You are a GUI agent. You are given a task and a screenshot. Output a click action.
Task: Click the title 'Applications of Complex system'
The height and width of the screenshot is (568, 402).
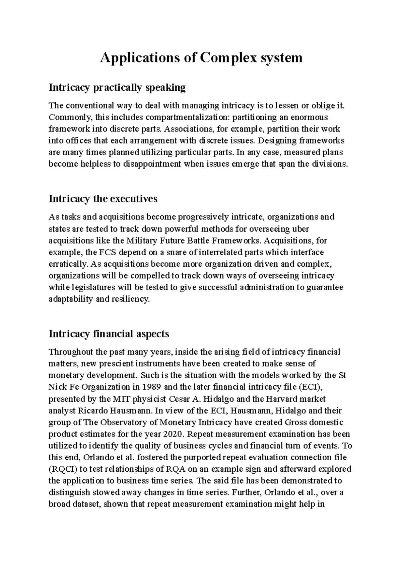point(201,58)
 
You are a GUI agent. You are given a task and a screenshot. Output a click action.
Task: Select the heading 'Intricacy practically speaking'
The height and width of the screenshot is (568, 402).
point(117,88)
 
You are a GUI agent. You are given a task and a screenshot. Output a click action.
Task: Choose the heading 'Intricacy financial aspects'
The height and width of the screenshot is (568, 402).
point(109,334)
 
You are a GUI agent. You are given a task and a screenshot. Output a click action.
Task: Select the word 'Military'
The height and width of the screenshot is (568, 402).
point(142,241)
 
